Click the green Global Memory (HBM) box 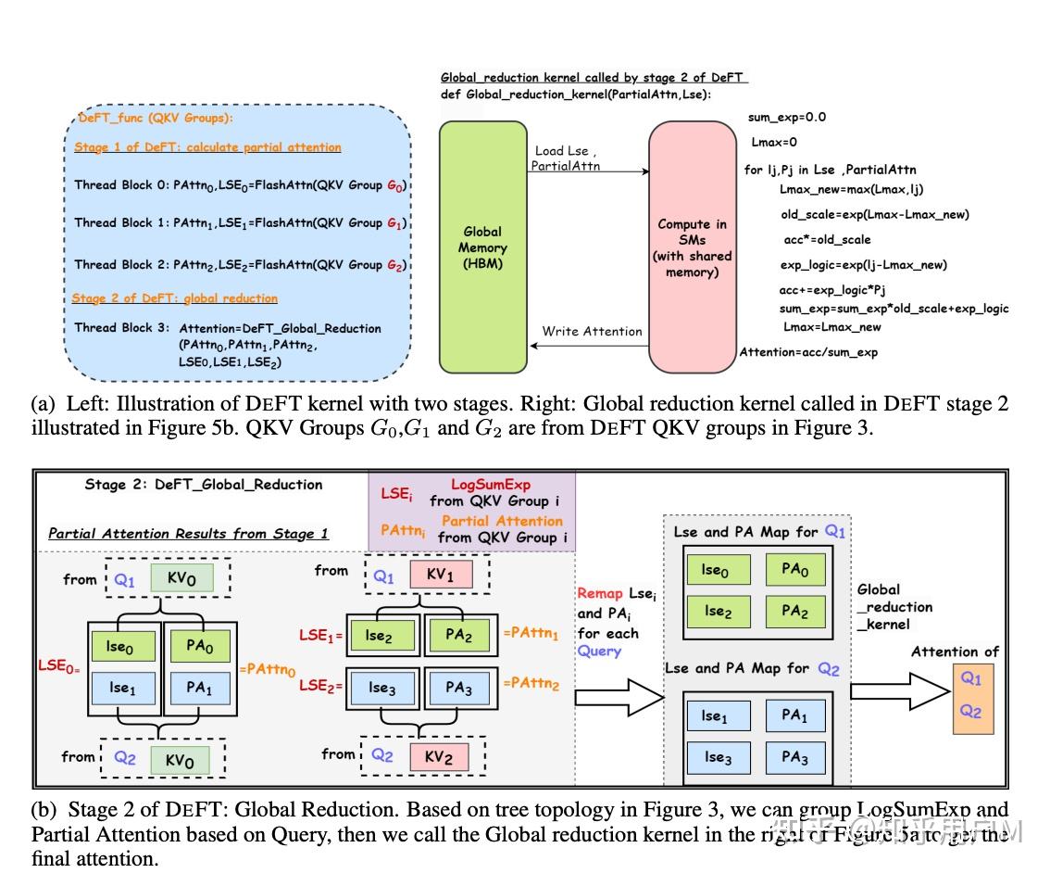tap(482, 239)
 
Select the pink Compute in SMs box tap(691, 239)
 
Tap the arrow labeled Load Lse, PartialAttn tap(588, 171)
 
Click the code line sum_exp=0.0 tap(787, 118)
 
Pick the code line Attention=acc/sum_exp tap(808, 352)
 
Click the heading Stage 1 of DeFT tap(207, 147)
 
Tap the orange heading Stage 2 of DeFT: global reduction tap(175, 298)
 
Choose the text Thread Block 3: tap(121, 328)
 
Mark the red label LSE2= tap(319, 687)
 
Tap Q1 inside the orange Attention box tap(970, 678)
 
